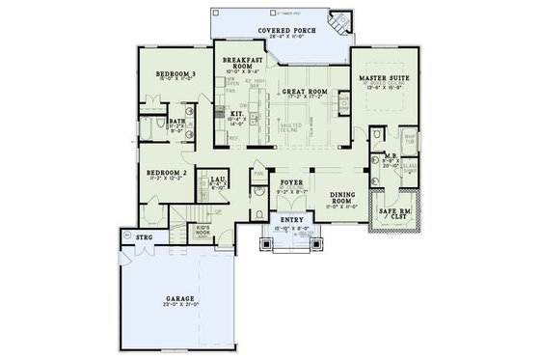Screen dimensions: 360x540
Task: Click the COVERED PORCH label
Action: click(286, 31)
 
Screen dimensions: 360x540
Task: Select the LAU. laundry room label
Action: click(220, 178)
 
